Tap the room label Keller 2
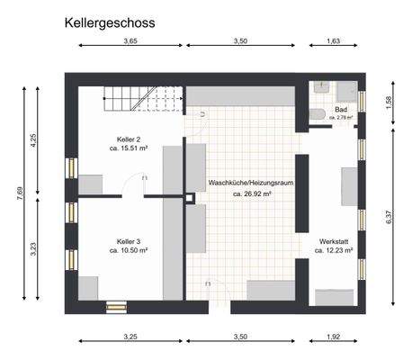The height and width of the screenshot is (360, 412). pos(129,139)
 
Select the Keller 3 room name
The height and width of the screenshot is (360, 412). pos(129,241)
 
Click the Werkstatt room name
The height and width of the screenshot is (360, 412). pos(333,241)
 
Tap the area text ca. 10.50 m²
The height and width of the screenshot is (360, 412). pos(129,251)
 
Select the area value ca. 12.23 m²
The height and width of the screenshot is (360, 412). pos(333,251)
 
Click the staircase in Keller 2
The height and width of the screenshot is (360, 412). pos(131,97)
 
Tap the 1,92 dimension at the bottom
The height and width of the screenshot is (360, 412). pos(333,336)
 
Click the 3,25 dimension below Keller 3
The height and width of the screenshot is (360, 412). pos(130,336)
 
